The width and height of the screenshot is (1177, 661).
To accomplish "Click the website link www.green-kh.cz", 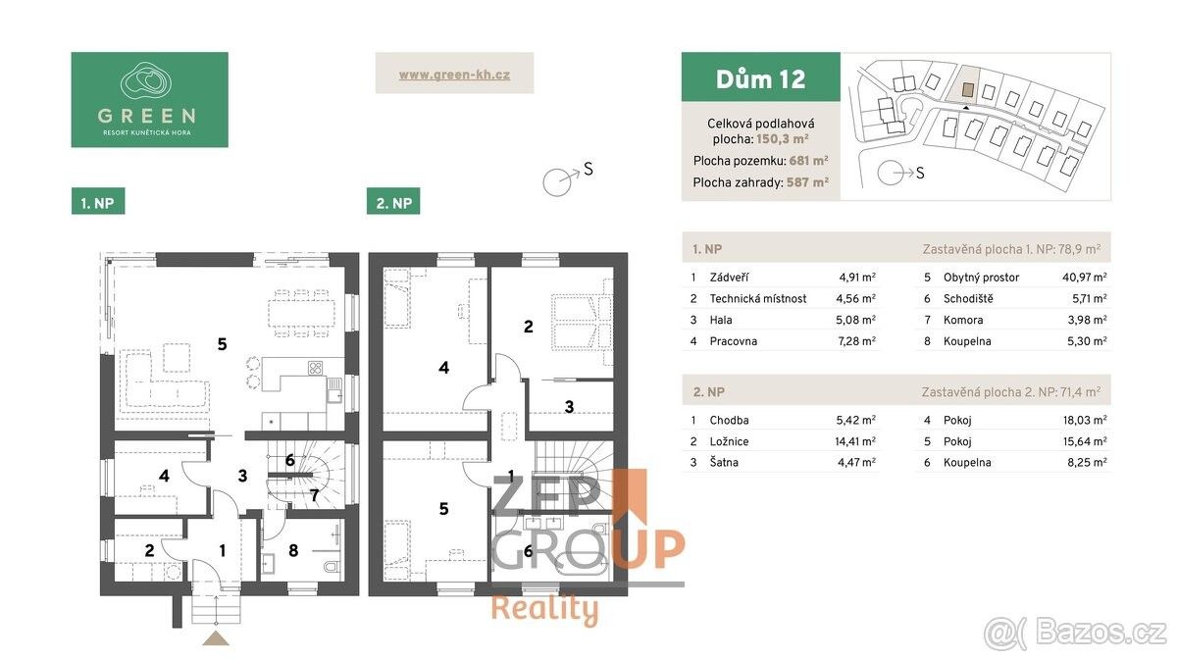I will (454, 74).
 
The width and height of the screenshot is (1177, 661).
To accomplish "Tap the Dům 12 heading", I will (760, 78).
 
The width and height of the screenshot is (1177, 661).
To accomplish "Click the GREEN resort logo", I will (149, 99).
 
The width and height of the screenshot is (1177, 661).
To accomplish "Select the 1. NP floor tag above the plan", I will (98, 203).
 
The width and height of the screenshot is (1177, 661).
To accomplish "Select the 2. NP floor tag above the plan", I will (392, 203).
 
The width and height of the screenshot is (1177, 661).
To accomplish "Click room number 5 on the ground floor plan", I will (223, 343).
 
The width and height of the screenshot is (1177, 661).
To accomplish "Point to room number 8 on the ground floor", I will (292, 550).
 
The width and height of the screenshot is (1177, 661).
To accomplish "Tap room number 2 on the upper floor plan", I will (528, 327).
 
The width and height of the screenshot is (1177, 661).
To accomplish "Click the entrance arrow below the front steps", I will (216, 638).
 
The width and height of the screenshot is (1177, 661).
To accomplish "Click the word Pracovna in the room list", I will (733, 341).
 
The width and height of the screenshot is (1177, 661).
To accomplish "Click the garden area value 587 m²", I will (807, 181).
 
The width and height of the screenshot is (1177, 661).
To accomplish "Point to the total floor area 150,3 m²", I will (782, 140).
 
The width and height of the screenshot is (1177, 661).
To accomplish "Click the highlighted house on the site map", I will (968, 89).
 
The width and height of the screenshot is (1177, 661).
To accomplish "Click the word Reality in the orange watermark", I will (543, 609).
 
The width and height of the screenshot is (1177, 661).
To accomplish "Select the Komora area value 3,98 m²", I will (1087, 320).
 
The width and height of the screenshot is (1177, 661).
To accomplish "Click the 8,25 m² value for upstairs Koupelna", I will (1087, 463).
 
